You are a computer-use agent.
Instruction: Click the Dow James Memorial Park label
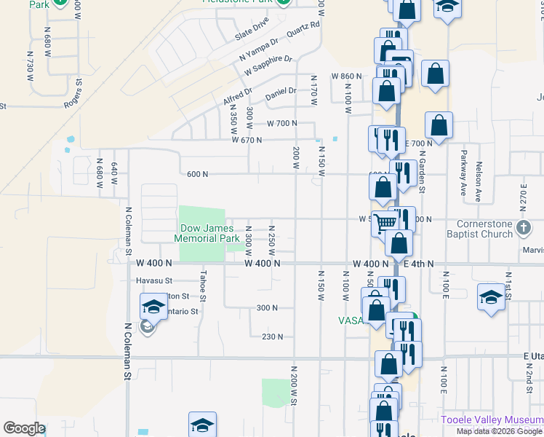pos(208,233)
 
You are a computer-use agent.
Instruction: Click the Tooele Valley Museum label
pos(492,420)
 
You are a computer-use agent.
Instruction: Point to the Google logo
pos(23,428)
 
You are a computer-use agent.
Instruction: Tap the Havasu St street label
pos(153,280)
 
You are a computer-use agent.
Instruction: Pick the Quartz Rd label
pos(304,31)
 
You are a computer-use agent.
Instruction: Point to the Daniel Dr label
pos(281,92)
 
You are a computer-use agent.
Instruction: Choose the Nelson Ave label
pos(479,181)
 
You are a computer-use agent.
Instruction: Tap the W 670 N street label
pos(246,140)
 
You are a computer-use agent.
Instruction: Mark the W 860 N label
pos(346,76)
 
